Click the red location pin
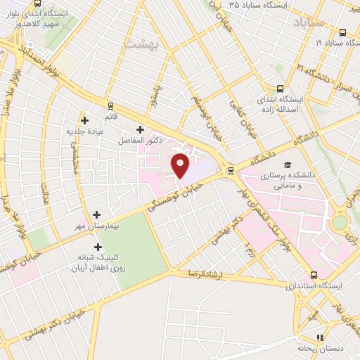click(181, 165)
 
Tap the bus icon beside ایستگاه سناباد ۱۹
click(342, 32)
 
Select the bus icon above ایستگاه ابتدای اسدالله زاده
click(280, 89)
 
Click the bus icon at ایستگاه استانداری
click(313, 275)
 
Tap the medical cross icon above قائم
click(85, 120)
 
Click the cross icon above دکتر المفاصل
click(140, 129)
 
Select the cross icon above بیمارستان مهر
click(96, 214)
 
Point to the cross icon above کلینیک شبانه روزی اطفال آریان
click(97, 247)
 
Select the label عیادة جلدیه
click(84, 131)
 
